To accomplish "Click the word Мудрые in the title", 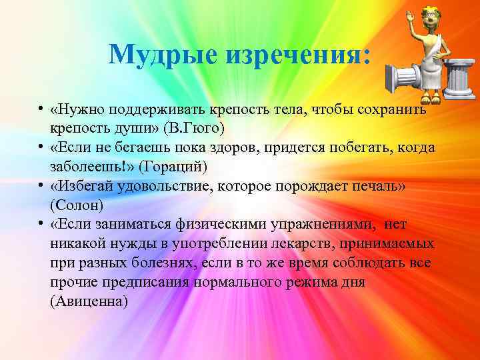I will (x=157, y=53).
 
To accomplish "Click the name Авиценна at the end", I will (x=88, y=302).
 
